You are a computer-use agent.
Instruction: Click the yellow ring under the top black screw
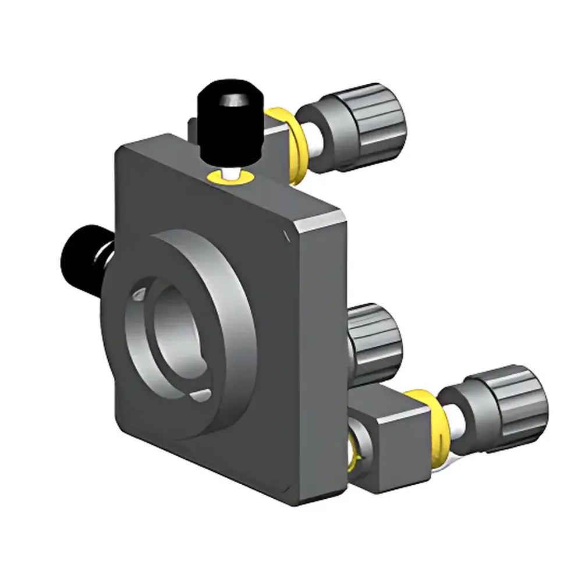click(x=230, y=177)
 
